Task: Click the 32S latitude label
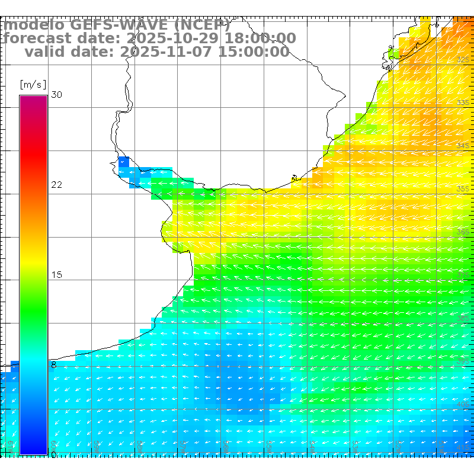[463, 60]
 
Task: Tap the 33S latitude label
[463, 103]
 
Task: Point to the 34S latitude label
[463, 146]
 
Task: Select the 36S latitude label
[463, 232]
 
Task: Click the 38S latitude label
[463, 318]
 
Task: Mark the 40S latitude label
[463, 404]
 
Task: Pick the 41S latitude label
[463, 447]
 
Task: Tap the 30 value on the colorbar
[57, 95]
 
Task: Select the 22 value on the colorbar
[57, 185]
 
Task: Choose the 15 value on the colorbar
[57, 275]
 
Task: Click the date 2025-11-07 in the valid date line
[166, 52]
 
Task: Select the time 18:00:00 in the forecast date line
[258, 39]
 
